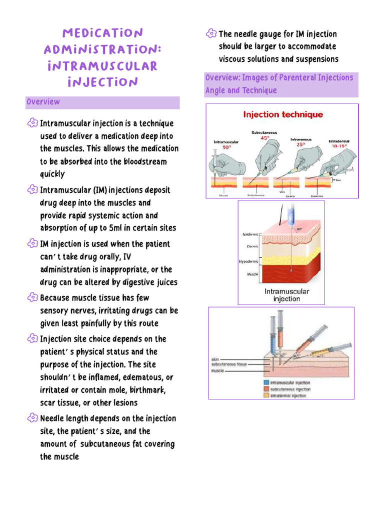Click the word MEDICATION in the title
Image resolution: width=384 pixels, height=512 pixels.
pyautogui.click(x=102, y=33)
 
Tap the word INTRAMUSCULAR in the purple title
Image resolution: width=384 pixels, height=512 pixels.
pyautogui.click(x=102, y=66)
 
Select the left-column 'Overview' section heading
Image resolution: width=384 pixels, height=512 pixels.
pyautogui.click(x=43, y=102)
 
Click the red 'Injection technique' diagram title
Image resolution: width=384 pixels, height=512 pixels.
pyautogui.click(x=282, y=114)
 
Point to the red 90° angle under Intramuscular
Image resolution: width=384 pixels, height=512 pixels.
pyautogui.click(x=226, y=147)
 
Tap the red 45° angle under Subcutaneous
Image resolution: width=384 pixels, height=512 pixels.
pyautogui.click(x=264, y=138)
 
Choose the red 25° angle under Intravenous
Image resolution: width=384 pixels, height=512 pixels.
pyautogui.click(x=300, y=144)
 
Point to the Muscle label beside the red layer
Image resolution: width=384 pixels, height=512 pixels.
pyautogui.click(x=252, y=274)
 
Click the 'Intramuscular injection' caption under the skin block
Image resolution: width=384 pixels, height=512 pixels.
pyautogui.click(x=286, y=295)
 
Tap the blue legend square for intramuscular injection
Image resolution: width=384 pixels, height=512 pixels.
pyautogui.click(x=266, y=382)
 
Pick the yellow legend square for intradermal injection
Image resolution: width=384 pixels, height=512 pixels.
pyautogui.click(x=266, y=395)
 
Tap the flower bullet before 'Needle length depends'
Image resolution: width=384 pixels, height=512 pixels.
pyautogui.click(x=32, y=418)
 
